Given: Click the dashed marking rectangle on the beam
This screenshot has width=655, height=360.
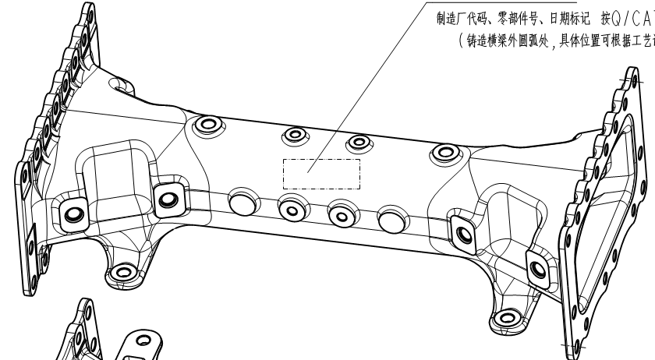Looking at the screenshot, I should [320, 173].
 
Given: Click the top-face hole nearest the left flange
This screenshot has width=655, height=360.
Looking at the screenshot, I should [208, 125].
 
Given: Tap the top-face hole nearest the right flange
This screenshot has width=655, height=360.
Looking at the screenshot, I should [442, 154].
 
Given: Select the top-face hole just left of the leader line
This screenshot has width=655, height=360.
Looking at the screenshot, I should [294, 136].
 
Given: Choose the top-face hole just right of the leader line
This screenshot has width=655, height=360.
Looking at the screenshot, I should [359, 143].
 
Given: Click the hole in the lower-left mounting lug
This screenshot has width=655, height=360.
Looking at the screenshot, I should [122, 272].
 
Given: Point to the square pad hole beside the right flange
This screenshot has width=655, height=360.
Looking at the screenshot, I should [537, 269].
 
